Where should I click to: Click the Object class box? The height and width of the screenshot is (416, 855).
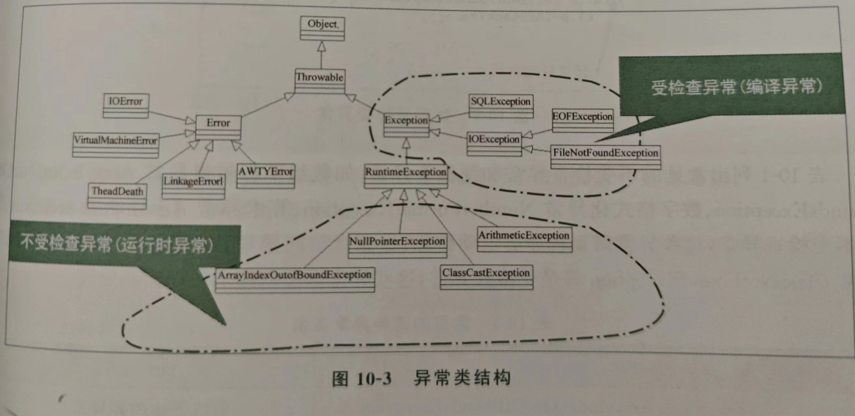322,29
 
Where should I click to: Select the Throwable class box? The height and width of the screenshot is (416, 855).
320,81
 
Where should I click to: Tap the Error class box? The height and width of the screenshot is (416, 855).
218,127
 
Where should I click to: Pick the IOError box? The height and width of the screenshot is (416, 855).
126,106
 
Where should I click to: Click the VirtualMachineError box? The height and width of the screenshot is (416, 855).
115,145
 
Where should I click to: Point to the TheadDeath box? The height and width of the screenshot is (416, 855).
117,196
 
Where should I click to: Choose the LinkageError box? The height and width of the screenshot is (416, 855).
193,186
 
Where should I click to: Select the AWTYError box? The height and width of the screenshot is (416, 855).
265,176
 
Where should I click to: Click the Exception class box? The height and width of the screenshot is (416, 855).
406,125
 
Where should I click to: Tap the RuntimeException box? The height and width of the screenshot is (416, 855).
406,176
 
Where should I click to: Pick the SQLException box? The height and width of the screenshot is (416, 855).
501,106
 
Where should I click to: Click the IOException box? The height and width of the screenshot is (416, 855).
494,144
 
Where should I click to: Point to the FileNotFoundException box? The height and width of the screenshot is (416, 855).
606,157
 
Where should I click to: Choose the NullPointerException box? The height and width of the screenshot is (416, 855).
397,245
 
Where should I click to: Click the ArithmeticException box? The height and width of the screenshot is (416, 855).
524,239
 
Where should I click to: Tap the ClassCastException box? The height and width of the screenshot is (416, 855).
486,277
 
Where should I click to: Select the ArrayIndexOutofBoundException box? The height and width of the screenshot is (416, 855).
295,279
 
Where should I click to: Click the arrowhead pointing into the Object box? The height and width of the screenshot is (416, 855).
321,46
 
